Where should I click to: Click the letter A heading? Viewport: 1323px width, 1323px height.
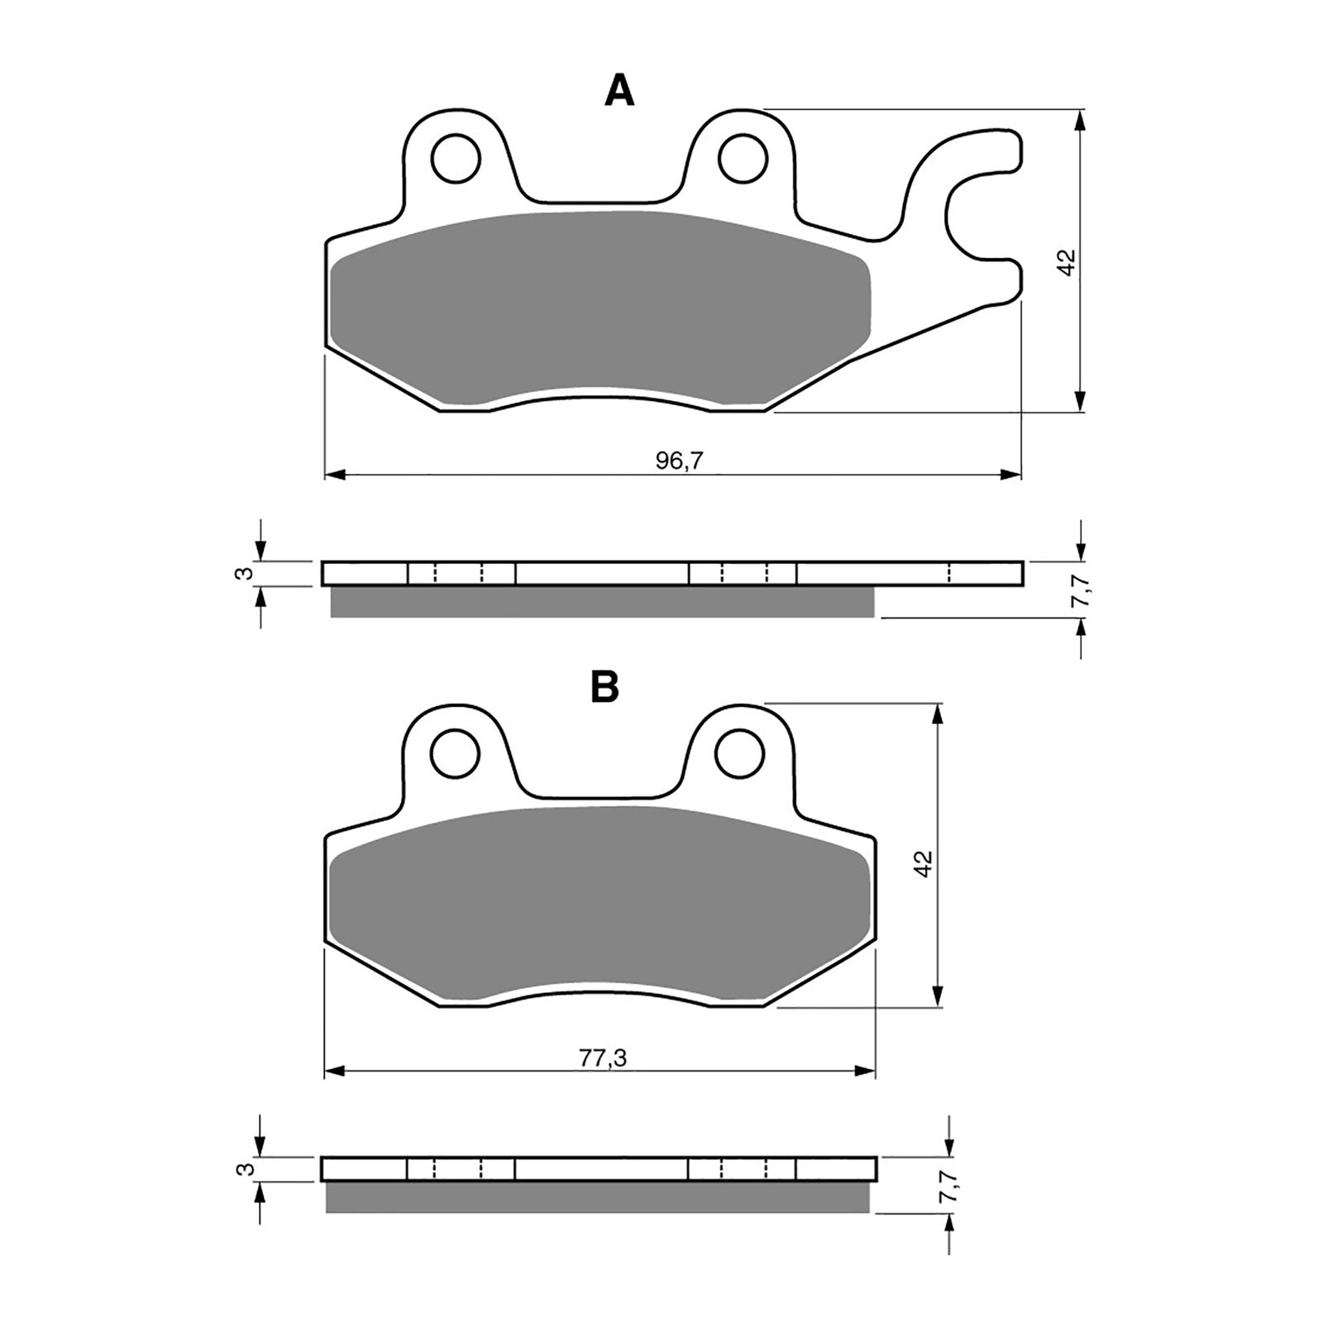[x=619, y=91]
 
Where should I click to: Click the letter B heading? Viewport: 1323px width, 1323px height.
[x=604, y=686]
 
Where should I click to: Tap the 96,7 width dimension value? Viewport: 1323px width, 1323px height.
[x=679, y=461]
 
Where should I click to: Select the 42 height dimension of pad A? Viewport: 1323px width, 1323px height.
[x=1066, y=262]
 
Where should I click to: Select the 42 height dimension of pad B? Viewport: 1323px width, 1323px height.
[x=924, y=862]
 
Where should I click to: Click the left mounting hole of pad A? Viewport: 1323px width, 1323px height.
[x=456, y=158]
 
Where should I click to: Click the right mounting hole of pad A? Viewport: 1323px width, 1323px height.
[x=743, y=158]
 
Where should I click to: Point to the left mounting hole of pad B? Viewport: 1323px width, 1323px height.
[x=456, y=752]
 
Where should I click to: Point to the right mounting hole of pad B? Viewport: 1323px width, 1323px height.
[x=739, y=752]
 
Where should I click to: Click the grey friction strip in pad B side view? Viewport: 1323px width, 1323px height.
[x=595, y=1196]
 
